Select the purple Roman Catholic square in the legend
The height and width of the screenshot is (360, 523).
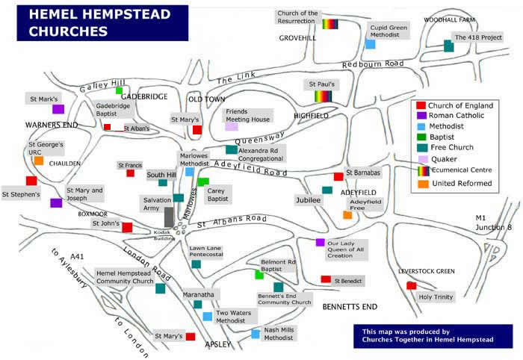pos(421,115)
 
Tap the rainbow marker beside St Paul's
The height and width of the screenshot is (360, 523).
pos(323,96)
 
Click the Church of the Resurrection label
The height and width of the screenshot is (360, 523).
pos(297,18)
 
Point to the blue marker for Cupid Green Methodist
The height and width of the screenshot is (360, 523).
pos(370,44)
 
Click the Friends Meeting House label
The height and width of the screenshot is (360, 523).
pos(248,115)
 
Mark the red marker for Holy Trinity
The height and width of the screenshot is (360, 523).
pos(411,285)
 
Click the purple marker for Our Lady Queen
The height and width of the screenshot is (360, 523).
pos(320,242)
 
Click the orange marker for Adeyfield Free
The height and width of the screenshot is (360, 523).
pos(347,215)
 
